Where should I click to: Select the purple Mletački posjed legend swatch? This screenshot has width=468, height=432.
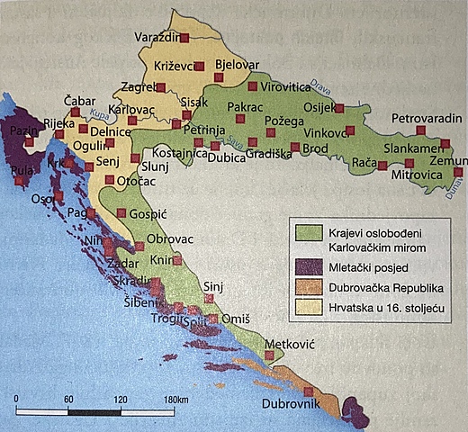point(308,267)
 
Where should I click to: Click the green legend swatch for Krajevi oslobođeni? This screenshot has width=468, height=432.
point(308,232)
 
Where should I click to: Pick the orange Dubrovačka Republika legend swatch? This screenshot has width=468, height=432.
point(308,288)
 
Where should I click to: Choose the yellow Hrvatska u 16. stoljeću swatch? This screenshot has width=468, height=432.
point(308,309)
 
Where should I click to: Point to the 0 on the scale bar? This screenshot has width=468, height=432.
point(16,399)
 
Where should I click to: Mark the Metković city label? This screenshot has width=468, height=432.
point(292,345)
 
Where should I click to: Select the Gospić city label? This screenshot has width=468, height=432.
point(149,218)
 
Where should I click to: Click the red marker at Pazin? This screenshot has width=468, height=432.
point(29,142)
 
